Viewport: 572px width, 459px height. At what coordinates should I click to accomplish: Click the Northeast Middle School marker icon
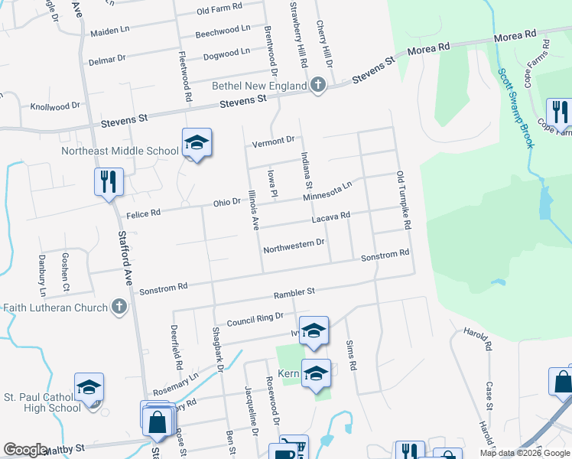pos(197,143)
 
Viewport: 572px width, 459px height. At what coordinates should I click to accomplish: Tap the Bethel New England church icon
pos(319,86)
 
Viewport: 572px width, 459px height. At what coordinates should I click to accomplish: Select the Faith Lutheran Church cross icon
pos(118,308)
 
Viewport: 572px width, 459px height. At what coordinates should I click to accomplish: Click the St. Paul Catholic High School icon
pos(89,389)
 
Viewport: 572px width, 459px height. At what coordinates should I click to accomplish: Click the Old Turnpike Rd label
pos(405,200)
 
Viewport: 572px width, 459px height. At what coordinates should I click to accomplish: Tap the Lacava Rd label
pos(330,218)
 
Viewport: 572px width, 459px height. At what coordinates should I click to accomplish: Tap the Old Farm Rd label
pos(219,9)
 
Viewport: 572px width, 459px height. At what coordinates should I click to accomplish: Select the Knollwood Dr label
pos(54,106)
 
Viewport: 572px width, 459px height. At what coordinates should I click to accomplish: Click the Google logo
pos(25,450)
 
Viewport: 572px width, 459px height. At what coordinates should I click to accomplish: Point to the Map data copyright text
pos(524,453)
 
